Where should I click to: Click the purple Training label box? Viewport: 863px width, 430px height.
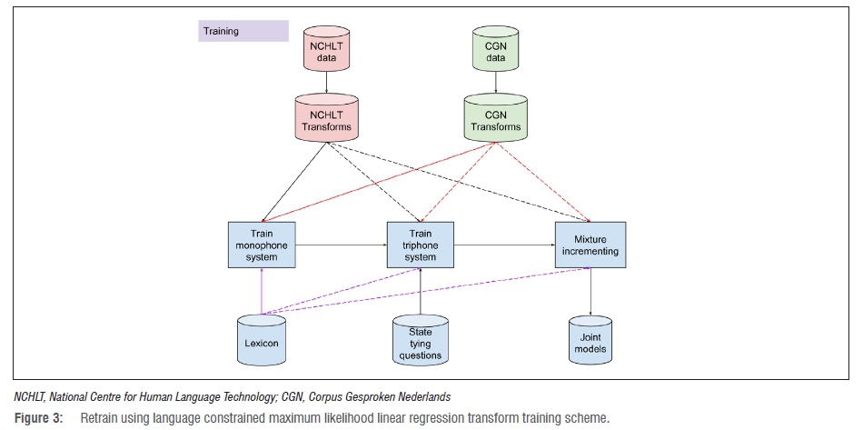[x=243, y=31]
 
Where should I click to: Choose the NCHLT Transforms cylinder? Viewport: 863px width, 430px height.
[x=325, y=118]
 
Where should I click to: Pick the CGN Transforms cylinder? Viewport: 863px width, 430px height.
[x=495, y=118]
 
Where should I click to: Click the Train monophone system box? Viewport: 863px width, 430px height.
[x=263, y=245]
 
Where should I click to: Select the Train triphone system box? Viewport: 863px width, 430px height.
[x=421, y=245]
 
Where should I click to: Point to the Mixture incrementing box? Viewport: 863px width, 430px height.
[x=591, y=245]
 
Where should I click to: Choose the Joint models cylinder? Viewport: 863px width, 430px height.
[x=591, y=340]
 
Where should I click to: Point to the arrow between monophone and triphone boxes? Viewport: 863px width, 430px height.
[x=342, y=245]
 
